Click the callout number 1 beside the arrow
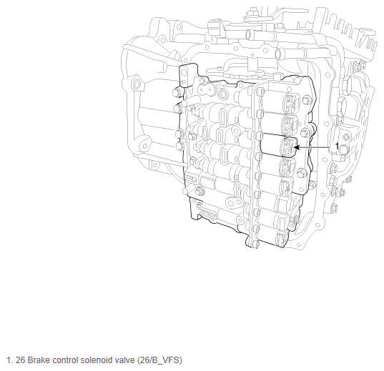click(x=337, y=147)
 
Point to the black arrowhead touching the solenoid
click(x=297, y=147)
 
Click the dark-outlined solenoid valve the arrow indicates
click(x=279, y=145)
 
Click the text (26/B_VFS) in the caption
click(x=159, y=360)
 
